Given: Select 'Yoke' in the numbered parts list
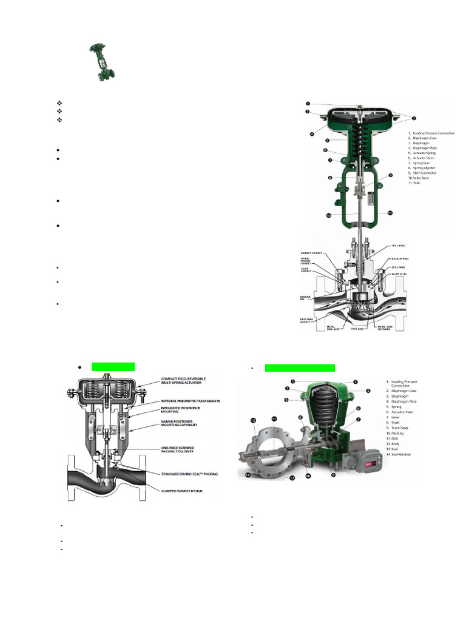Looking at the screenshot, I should pyautogui.click(x=414, y=183).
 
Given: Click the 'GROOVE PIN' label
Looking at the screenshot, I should pyautogui.click(x=305, y=297).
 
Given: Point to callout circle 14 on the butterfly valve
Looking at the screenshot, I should pyautogui.click(x=249, y=476).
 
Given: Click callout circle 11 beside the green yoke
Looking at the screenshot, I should pyautogui.click(x=390, y=213).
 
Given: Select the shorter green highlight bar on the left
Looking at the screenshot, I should pyautogui.click(x=113, y=367).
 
